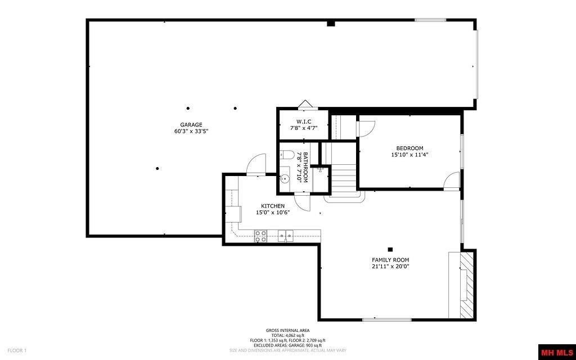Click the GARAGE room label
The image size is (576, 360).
pos(191,125)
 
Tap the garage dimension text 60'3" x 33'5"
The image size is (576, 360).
pos(191,131)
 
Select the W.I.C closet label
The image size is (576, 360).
pos(304,121)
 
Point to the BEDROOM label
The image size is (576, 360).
pos(409,148)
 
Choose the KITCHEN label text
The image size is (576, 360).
pos(272,206)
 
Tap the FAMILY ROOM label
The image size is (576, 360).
pos(390,260)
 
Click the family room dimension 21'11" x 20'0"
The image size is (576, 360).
pos(390,267)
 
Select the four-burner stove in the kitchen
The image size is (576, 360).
pos(260,236)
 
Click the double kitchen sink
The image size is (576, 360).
pos(285,236)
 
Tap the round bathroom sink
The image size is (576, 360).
pos(285,179)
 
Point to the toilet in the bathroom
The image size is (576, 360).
pos(286,156)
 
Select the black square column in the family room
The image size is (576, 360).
pos(390,249)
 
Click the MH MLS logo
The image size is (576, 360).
pos(556,353)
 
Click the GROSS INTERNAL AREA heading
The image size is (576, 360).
pos(287,330)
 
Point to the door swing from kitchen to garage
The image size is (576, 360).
pos(256,164)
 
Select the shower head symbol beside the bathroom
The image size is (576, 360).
pos(319,169)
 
